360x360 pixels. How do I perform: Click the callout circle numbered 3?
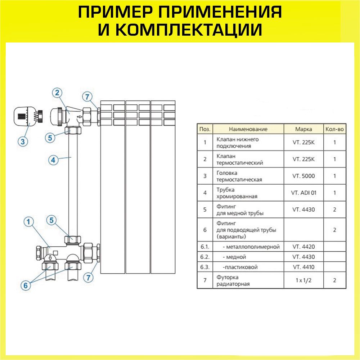pos(23,141)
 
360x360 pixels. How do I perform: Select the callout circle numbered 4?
pos(54,161)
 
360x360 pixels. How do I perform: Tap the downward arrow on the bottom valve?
pos(50,258)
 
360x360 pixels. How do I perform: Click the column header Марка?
pos(303,129)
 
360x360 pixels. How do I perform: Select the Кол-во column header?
pos(334,129)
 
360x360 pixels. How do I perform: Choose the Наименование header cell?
pos(248,129)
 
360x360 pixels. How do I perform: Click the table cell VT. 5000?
pos(303,176)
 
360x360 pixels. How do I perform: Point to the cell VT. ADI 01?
pos(303,193)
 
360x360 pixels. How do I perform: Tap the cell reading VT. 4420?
pos(303,247)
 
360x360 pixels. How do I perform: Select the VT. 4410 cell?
pos(303,267)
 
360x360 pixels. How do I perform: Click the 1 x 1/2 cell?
pos(303,280)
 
